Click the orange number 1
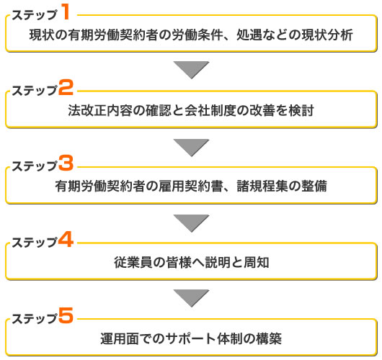[66, 12]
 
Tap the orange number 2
[66, 87]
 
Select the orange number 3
[66, 163]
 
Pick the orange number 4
[66, 239]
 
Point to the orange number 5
[66, 315]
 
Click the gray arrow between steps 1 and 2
[191, 69]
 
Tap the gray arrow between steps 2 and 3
[191, 148]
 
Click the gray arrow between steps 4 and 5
[191, 298]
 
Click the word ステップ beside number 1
[35, 15]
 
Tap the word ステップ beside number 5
[35, 319]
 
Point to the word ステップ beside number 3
[35, 166]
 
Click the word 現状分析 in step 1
[327, 35]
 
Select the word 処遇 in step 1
[249, 35]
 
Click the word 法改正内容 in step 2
[100, 110]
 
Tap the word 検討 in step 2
[301, 110]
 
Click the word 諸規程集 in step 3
[262, 186]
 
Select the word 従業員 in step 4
[133, 262]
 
